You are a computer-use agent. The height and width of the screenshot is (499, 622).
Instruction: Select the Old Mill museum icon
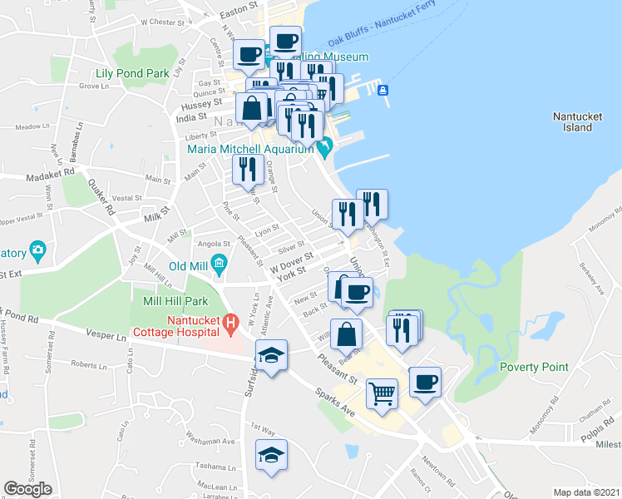point(218,266)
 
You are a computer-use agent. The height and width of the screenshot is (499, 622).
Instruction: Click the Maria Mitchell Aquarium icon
point(324,150)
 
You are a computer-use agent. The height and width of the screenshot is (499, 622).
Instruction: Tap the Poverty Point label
point(534,367)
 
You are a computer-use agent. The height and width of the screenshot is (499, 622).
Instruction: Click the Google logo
point(27,489)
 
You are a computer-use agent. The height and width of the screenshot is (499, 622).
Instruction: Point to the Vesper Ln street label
point(108,335)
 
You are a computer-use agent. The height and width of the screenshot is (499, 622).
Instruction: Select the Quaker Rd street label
point(107,199)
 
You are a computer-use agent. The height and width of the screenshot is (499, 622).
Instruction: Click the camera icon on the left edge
point(37,249)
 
